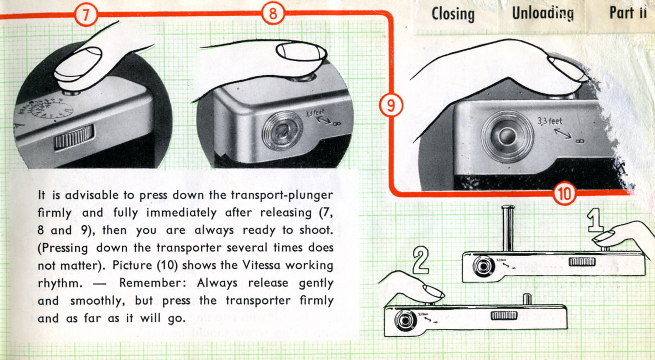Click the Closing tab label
click(x=453, y=14)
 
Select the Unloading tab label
click(x=543, y=13)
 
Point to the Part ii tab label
click(x=627, y=13)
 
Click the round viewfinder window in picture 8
click(x=282, y=130)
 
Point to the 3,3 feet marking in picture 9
click(x=549, y=121)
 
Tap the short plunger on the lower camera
click(x=527, y=299)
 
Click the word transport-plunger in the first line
click(x=282, y=195)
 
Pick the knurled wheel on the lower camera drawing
click(x=504, y=315)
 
